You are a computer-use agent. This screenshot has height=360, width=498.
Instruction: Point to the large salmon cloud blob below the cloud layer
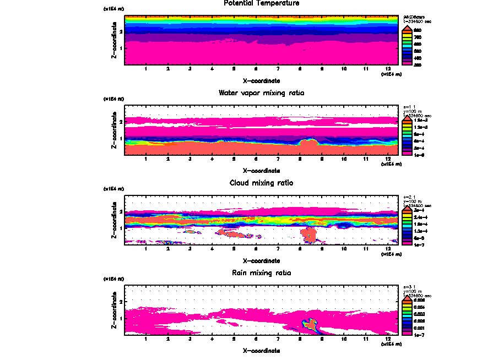pyautogui.click(x=309, y=235)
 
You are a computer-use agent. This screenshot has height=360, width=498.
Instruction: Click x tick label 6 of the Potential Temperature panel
pyautogui.click(x=256, y=69)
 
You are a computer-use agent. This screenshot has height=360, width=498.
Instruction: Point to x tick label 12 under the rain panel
pyautogui.click(x=388, y=339)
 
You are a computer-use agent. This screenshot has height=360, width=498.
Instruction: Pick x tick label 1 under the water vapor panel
pyautogui.click(x=146, y=159)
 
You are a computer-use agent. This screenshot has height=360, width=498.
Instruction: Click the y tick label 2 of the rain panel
pyautogui.click(x=121, y=302)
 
